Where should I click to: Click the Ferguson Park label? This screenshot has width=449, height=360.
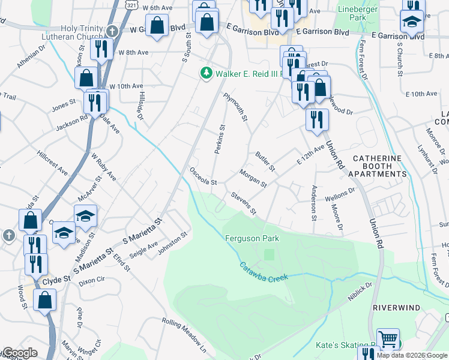pyautogui.click(x=252, y=238)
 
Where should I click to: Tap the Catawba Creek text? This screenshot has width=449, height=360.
pyautogui.click(x=264, y=272)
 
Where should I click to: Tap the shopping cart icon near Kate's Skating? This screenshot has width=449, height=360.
pyautogui.click(x=388, y=339)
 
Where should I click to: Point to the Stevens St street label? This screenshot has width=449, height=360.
pyautogui.click(x=244, y=203)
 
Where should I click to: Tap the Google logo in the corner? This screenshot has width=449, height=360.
pyautogui.click(x=19, y=353)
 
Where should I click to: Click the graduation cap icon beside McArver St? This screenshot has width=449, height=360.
pyautogui.click(x=85, y=215)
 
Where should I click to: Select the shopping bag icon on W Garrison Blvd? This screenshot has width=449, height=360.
pyautogui.click(x=157, y=26)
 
